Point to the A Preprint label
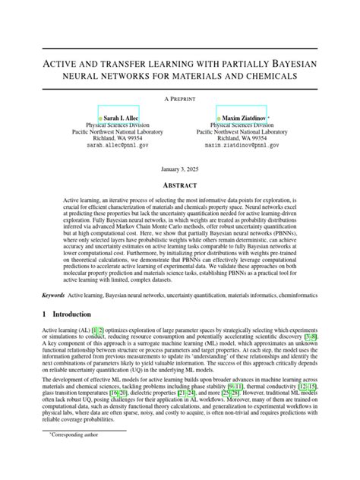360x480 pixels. tap(179, 99)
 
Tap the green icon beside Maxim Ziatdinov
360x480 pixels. tap(219, 119)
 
